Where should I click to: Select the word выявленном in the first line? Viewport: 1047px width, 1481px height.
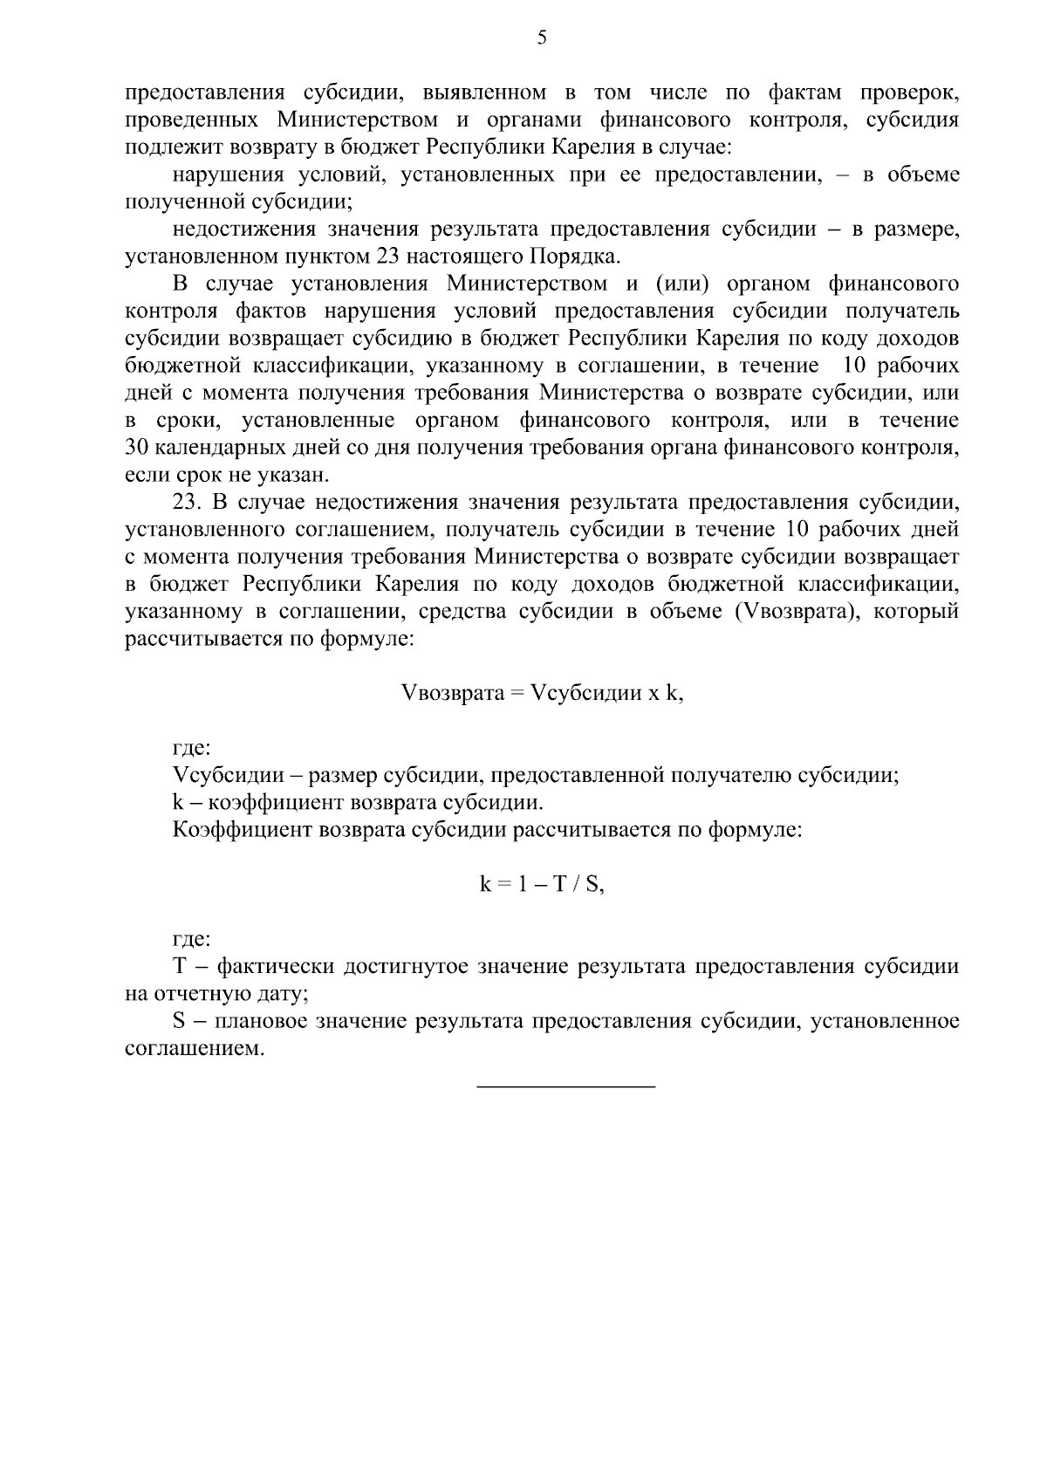pyautogui.click(x=483, y=93)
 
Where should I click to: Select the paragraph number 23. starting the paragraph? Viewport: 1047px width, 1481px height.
pyautogui.click(x=187, y=503)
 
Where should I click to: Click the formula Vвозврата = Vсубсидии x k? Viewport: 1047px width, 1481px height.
pyautogui.click(x=541, y=693)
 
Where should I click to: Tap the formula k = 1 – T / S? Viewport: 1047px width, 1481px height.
pyautogui.click(x=542, y=884)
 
